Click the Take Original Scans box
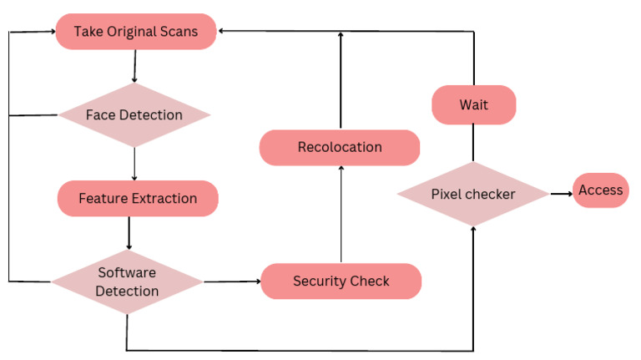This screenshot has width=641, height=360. tap(136, 33)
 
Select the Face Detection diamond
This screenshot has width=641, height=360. tap(134, 114)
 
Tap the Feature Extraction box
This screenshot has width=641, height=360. tap(138, 199)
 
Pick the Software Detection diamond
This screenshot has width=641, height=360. tap(127, 281)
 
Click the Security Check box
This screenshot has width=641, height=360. tap(341, 281)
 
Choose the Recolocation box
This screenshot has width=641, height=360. tap(340, 147)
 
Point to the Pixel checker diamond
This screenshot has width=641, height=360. tap(473, 195)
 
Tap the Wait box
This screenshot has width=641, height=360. tap(473, 106)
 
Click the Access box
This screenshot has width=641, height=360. tap(600, 190)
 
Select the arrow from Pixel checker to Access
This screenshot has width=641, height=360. tap(560, 194)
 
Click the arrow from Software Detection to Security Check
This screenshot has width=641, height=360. tap(231, 281)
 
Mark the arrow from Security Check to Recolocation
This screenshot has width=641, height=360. tap(341, 214)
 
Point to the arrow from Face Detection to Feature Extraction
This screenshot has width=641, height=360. tap(134, 164)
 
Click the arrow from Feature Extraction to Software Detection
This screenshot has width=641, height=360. tap(129, 232)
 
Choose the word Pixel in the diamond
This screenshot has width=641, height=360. tap(447, 195)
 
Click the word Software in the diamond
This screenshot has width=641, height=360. tap(127, 273)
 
